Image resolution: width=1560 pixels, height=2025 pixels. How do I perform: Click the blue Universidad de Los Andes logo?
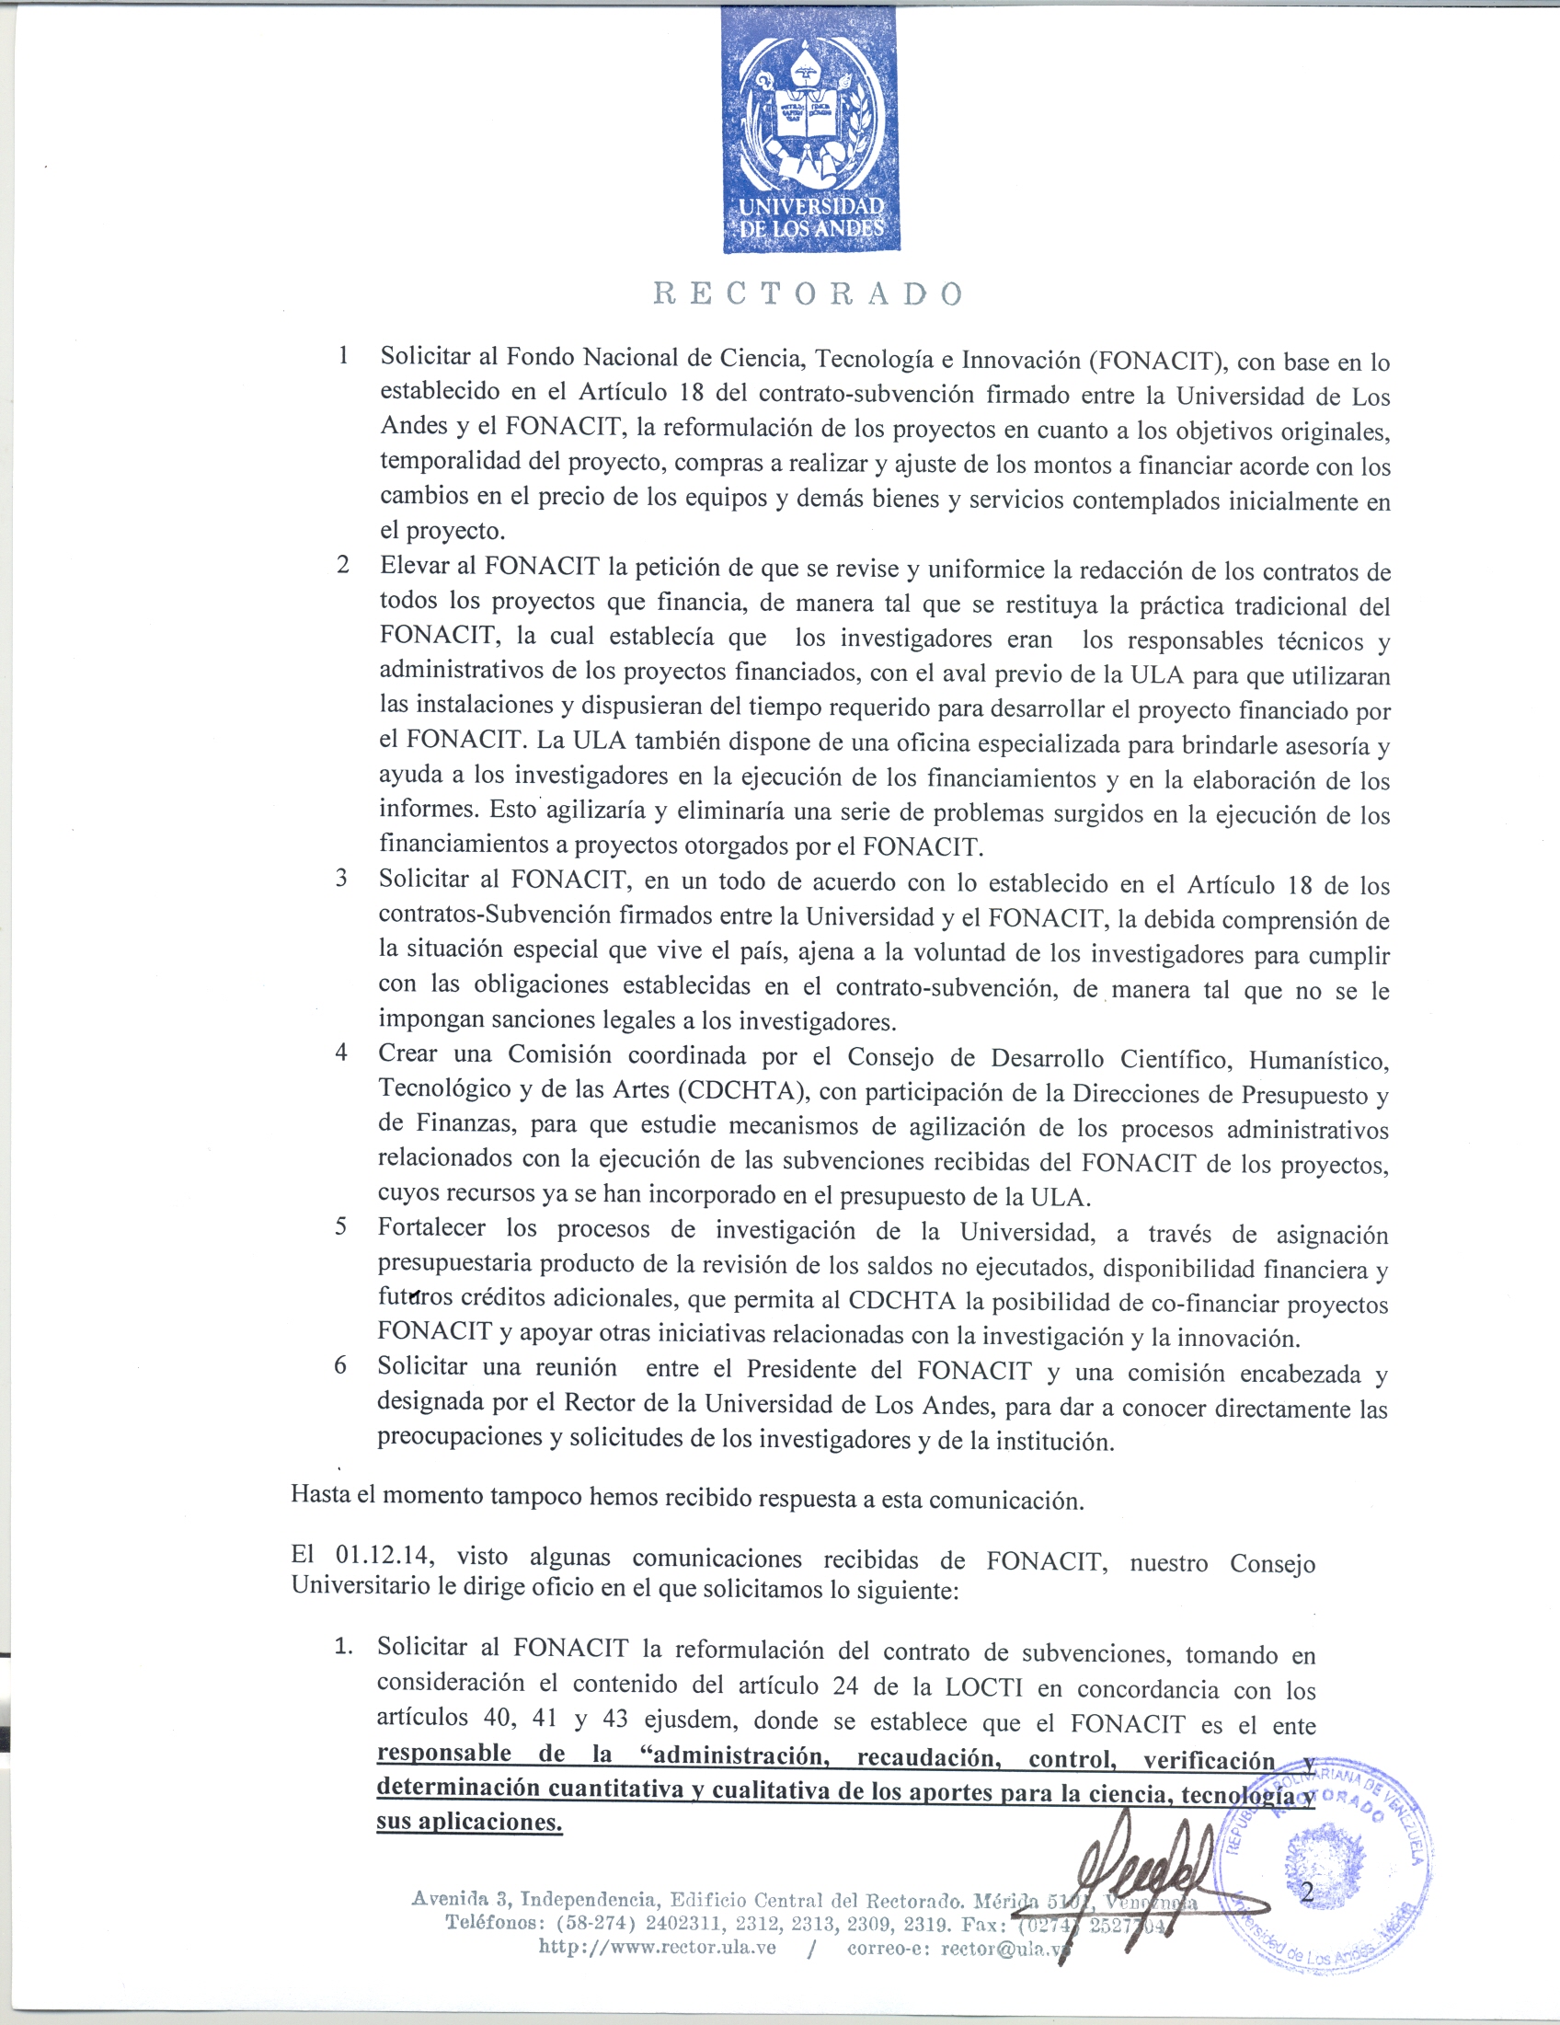810,131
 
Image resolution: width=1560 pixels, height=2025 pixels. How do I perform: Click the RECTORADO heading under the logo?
809,293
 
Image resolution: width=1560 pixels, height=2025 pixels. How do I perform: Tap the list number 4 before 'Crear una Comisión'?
341,1053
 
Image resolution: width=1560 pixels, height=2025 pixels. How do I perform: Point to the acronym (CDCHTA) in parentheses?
742,1090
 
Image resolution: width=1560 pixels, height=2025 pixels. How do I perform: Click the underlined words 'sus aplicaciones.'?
469,1821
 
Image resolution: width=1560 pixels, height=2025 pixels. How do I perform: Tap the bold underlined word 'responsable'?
444,1754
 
